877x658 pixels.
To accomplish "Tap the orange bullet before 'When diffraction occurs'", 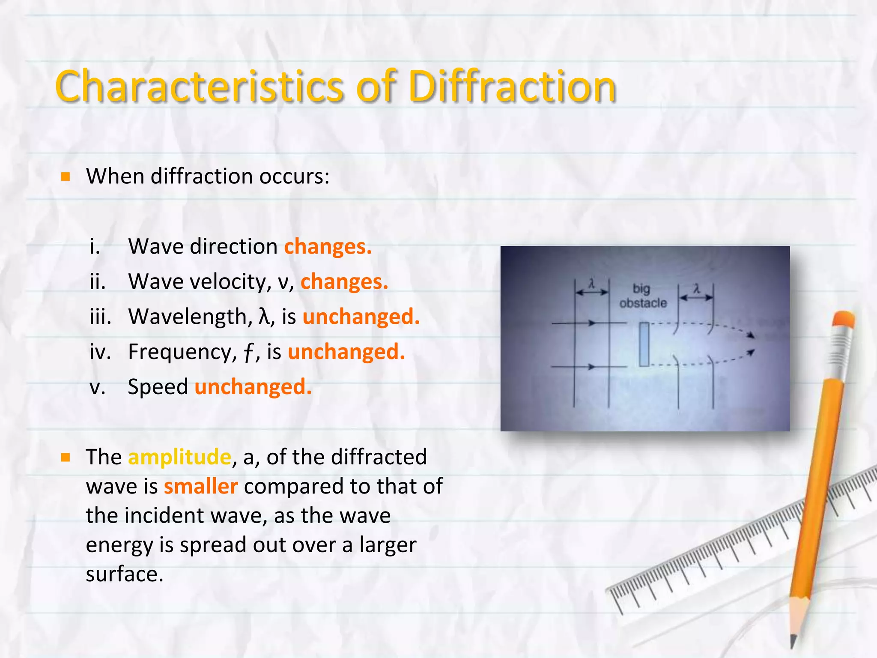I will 66,176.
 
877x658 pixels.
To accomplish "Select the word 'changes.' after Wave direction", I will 328,247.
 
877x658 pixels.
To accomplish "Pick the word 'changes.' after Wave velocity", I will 344,282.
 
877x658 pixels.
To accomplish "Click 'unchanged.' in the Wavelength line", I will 361,317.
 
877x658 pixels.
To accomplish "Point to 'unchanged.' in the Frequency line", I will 346,352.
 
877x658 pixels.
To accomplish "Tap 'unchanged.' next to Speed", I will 253,387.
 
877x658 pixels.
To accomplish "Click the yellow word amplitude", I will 179,457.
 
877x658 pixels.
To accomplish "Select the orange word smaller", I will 201,487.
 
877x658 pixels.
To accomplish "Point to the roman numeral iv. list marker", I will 100,352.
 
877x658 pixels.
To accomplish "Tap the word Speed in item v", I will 158,387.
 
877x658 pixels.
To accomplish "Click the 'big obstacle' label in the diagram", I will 643,296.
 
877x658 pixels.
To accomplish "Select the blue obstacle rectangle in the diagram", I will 644,344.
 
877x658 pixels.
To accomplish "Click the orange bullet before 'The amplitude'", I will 66,458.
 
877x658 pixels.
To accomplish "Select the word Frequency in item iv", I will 182,352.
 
